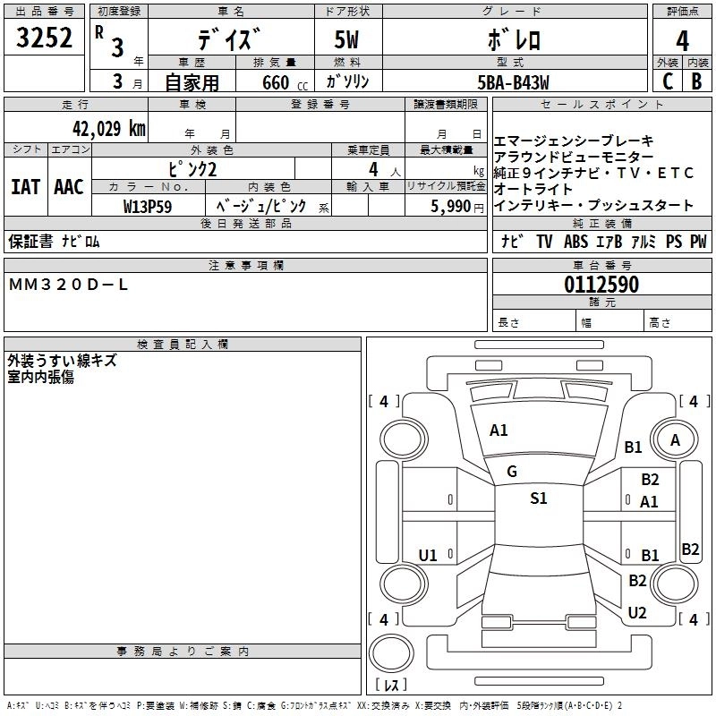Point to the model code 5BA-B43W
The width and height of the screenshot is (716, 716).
[513, 81]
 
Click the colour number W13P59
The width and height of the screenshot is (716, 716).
[147, 206]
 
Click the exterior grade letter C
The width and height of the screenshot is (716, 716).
[666, 81]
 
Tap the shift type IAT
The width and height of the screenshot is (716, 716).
[26, 187]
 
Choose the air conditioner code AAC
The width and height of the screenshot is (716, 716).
[69, 187]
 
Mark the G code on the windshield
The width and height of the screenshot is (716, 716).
[512, 472]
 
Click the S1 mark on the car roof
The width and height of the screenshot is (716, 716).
[538, 499]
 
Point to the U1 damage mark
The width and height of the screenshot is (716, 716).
[428, 556]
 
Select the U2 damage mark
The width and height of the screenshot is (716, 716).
[637, 612]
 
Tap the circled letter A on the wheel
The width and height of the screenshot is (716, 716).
[675, 439]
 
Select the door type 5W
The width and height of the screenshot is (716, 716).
[348, 39]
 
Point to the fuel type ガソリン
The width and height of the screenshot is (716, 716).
[348, 81]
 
